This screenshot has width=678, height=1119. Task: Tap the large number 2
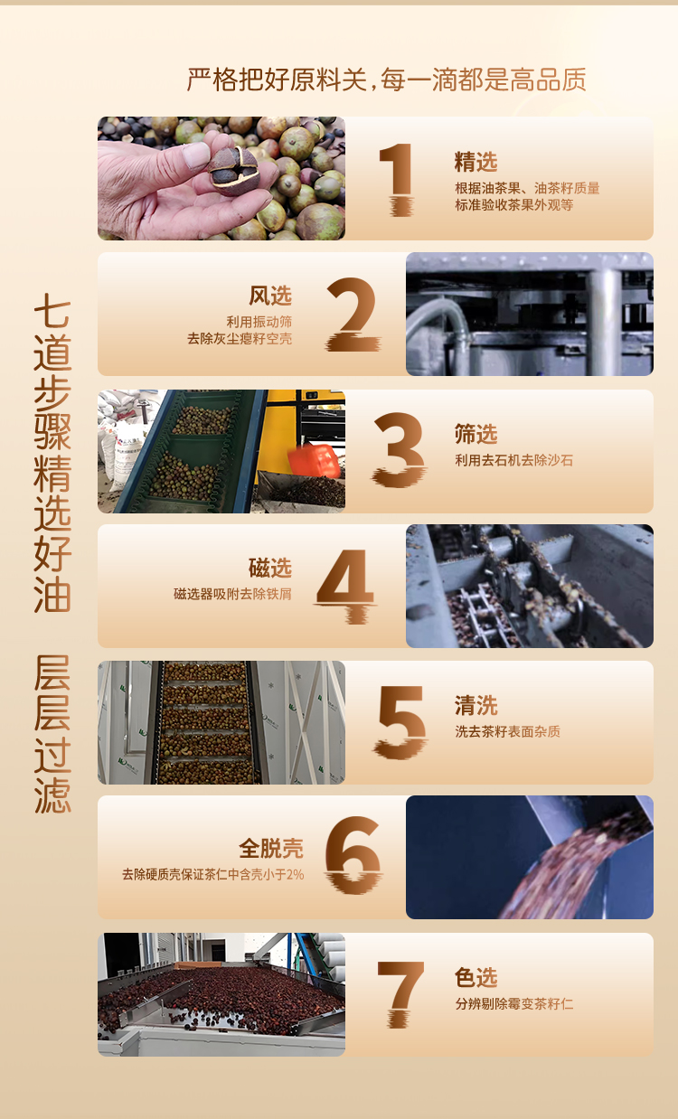(353, 314)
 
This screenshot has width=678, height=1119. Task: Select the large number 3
(399, 449)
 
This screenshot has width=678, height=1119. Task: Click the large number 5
(400, 722)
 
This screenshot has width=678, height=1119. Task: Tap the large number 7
(400, 994)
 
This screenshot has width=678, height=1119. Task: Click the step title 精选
(476, 163)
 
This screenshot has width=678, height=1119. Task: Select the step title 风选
(270, 296)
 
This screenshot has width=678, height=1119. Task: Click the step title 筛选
(476, 434)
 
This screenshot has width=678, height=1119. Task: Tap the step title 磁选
(270, 568)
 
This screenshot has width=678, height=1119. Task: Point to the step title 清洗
(476, 705)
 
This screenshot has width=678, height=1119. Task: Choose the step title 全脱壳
(271, 848)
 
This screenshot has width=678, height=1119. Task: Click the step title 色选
(476, 978)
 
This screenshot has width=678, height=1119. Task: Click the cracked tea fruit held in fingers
(233, 170)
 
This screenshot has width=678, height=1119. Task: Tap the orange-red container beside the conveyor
(315, 459)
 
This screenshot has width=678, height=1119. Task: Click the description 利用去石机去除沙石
(513, 460)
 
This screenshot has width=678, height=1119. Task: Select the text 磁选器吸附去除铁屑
(232, 594)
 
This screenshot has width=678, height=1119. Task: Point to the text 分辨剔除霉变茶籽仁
(513, 1003)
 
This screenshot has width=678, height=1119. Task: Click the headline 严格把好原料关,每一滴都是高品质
(386, 80)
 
